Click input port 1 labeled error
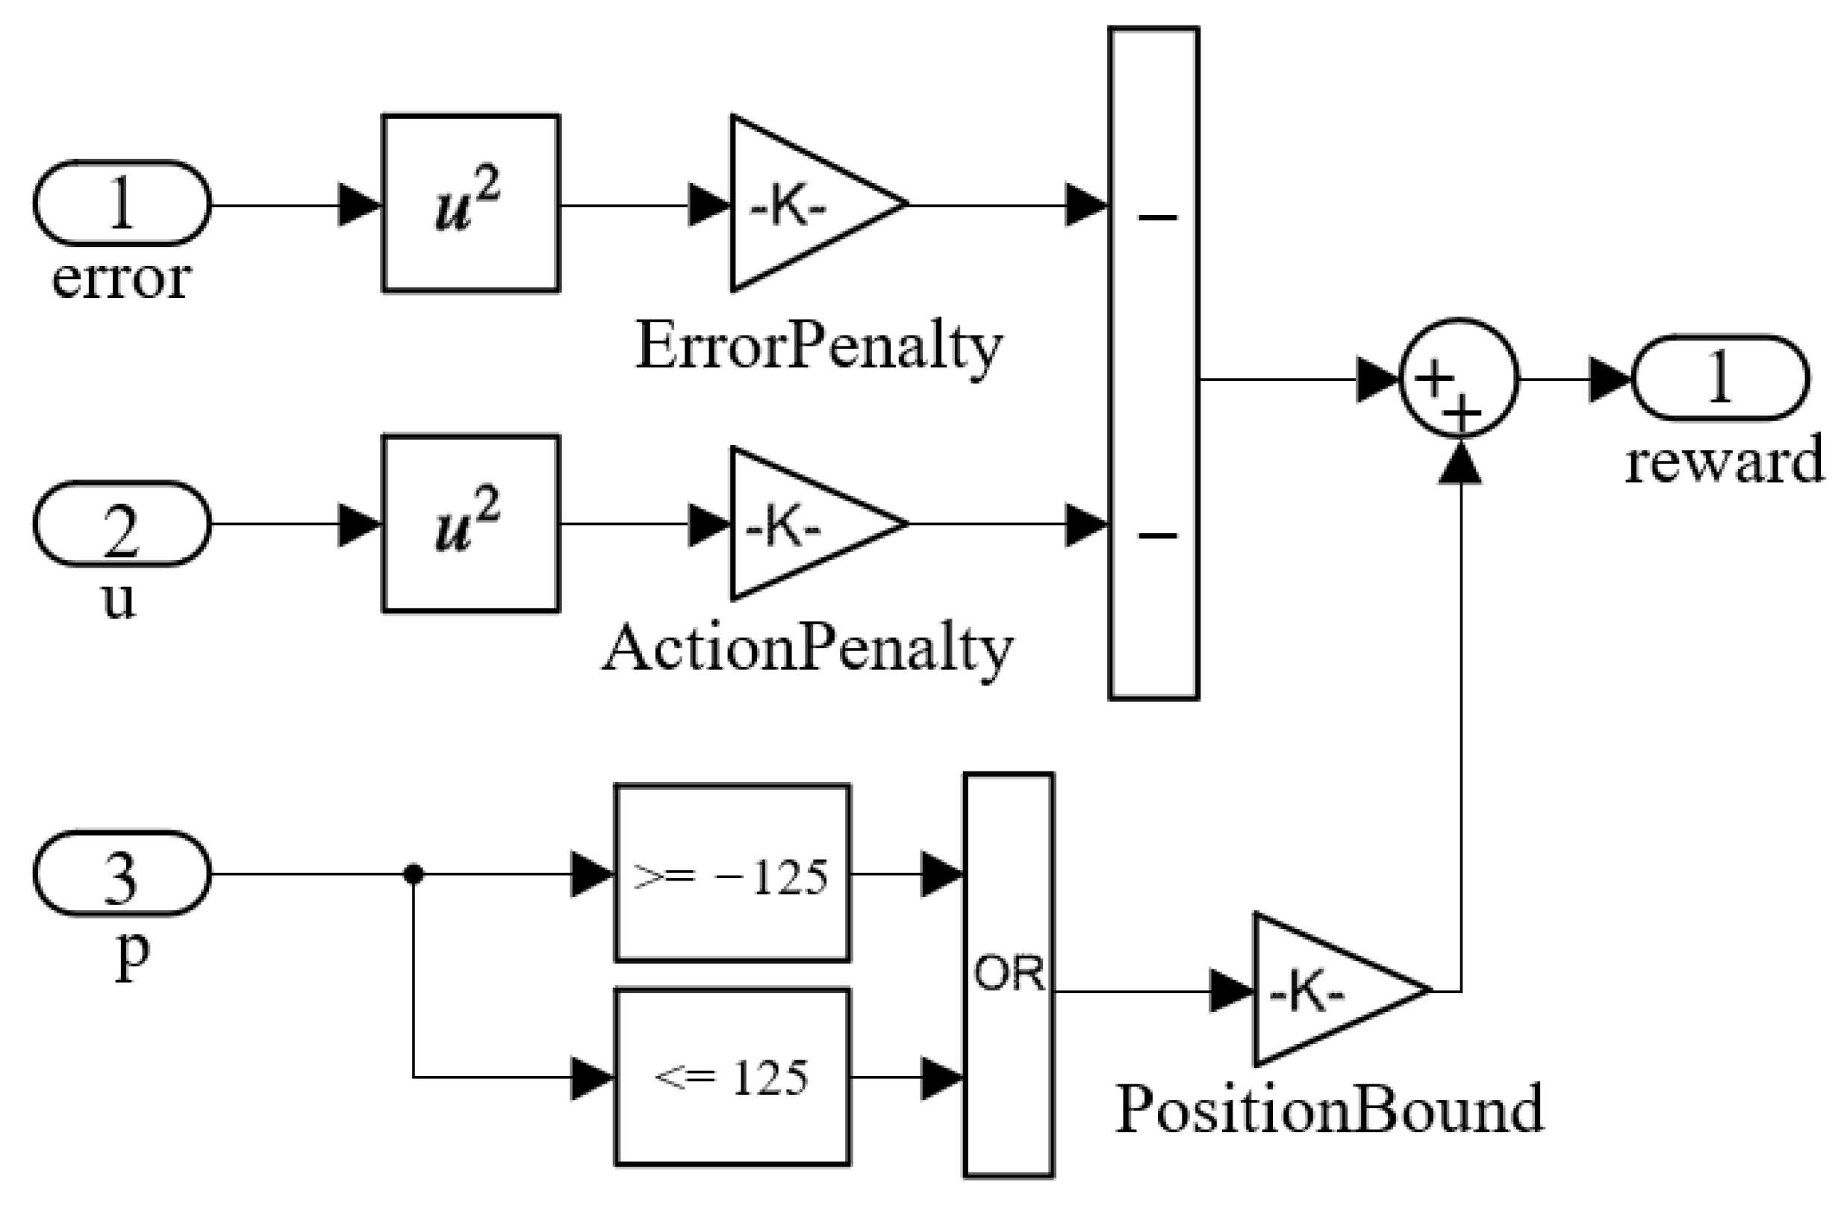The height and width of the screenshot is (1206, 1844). click(x=122, y=203)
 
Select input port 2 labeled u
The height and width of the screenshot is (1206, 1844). click(x=122, y=524)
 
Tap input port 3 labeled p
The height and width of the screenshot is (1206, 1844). click(x=122, y=874)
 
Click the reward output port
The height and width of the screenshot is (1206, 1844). click(x=1721, y=379)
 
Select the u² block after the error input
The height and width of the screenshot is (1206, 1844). click(x=470, y=203)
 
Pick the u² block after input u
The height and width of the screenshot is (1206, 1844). click(x=470, y=524)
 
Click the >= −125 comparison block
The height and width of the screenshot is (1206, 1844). click(x=732, y=874)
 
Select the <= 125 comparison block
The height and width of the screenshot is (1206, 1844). click(x=732, y=1077)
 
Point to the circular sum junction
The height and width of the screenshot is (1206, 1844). click(x=1458, y=379)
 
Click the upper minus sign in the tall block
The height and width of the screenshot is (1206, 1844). click(x=1157, y=218)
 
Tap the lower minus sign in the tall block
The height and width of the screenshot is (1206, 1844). click(x=1157, y=535)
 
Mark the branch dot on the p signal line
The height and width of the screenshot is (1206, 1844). click(x=414, y=874)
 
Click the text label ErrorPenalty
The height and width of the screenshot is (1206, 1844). click(x=819, y=347)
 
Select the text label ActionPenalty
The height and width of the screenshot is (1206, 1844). click(x=807, y=650)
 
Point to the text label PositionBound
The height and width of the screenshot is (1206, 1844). click(x=1330, y=1110)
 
